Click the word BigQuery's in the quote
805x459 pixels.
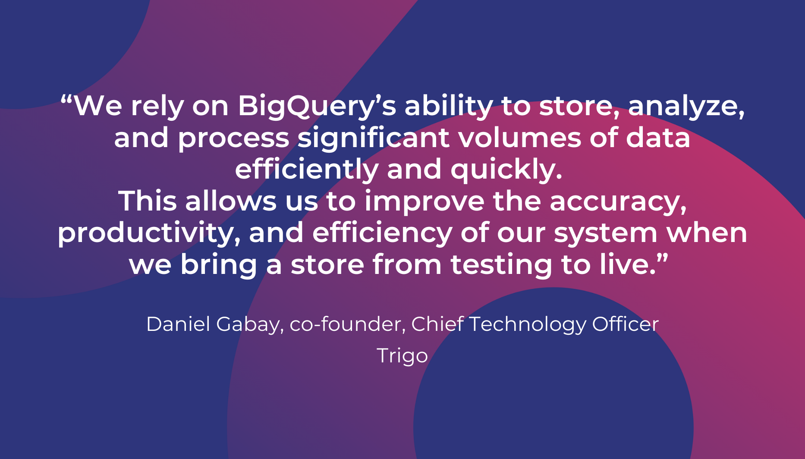[317, 106]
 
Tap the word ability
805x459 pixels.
[448, 106]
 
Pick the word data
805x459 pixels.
[658, 138]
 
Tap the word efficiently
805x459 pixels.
[307, 170]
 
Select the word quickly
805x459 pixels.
[506, 170]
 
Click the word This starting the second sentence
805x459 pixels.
[148, 201]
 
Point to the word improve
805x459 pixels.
[425, 202]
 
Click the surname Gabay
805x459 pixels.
[250, 324]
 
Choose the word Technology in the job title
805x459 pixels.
[528, 324]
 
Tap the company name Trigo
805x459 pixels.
[402, 356]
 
